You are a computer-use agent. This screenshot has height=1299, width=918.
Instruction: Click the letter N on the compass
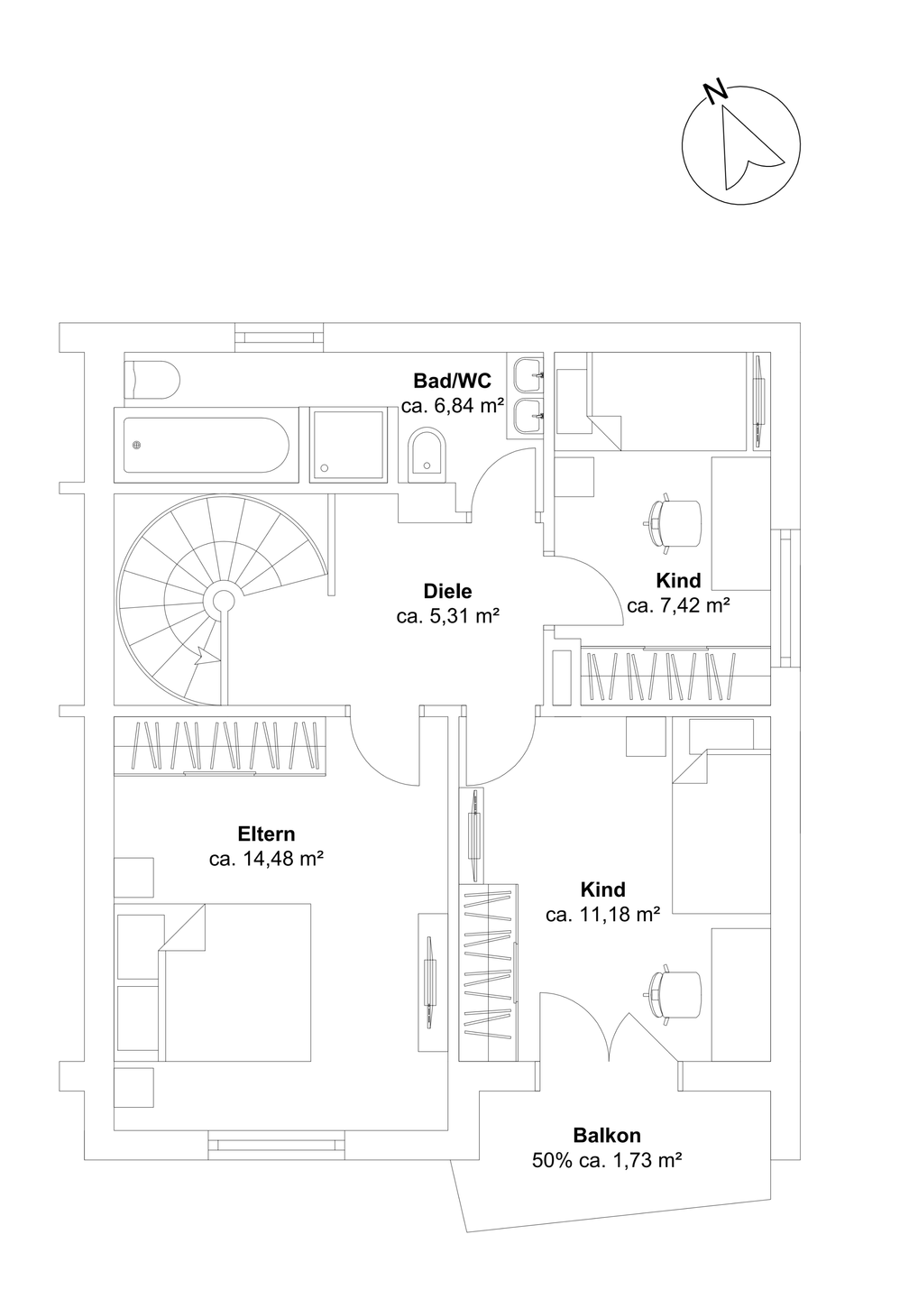(x=715, y=91)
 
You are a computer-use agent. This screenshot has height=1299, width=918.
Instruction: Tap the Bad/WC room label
(x=452, y=380)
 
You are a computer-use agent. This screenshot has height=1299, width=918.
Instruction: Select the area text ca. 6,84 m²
(x=452, y=406)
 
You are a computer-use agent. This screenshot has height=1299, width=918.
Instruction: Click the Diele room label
(x=447, y=592)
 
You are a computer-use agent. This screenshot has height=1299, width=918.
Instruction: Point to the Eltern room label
(x=266, y=834)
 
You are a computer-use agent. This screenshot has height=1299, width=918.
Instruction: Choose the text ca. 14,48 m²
(x=266, y=859)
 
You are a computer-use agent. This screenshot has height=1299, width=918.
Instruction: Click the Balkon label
(x=606, y=1136)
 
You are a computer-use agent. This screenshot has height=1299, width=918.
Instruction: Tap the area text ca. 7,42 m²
(x=678, y=605)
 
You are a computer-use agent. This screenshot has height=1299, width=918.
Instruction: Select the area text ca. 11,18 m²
(x=603, y=915)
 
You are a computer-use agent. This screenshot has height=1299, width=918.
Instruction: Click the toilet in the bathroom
(x=152, y=379)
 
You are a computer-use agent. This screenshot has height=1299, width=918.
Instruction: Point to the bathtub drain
(x=137, y=444)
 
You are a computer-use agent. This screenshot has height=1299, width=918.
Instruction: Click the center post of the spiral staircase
(x=220, y=599)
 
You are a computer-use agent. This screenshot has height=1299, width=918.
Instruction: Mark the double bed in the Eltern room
(x=234, y=981)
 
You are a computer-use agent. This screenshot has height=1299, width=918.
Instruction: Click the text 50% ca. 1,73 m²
(x=606, y=1161)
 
